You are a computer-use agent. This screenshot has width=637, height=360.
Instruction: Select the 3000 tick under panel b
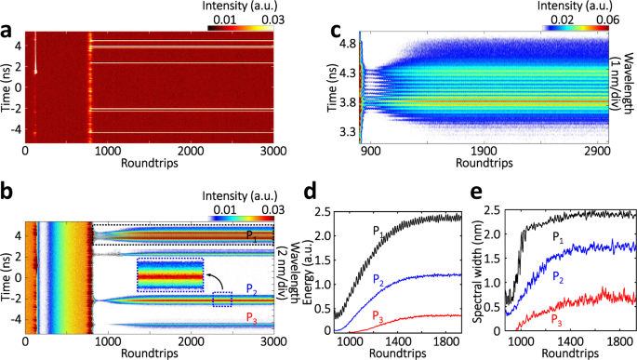tap(272, 341)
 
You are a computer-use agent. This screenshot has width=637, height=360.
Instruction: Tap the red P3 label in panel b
tap(251, 318)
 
